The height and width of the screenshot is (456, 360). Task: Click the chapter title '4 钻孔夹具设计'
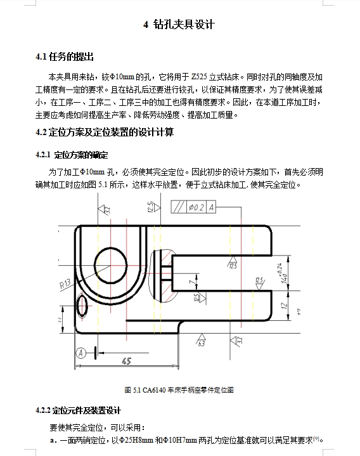[x=179, y=25]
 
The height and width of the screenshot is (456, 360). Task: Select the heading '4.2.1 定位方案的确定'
[x=72, y=155]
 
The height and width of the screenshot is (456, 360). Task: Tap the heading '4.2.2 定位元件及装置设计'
[x=79, y=410]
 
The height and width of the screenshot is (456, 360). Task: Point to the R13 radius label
[x=66, y=285]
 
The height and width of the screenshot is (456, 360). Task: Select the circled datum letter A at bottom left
[x=80, y=353]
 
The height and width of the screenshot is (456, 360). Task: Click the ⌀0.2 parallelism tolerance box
[x=196, y=207]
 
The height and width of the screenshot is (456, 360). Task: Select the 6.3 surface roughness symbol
[x=201, y=343]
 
